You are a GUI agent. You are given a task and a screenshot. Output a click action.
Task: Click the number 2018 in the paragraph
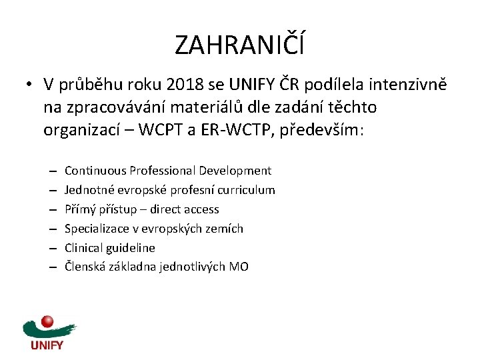[x=180, y=85]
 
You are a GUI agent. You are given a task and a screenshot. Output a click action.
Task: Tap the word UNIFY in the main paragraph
[x=249, y=85]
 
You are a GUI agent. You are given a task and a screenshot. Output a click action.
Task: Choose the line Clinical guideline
[x=109, y=248]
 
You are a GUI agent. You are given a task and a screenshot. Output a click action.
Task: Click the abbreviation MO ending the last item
[x=239, y=267]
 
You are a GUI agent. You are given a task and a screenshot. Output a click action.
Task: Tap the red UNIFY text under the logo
[x=47, y=345]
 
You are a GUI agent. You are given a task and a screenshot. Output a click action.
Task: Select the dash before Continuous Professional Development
[x=53, y=171]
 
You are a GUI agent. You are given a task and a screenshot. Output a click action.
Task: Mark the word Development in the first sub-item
[x=239, y=171]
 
